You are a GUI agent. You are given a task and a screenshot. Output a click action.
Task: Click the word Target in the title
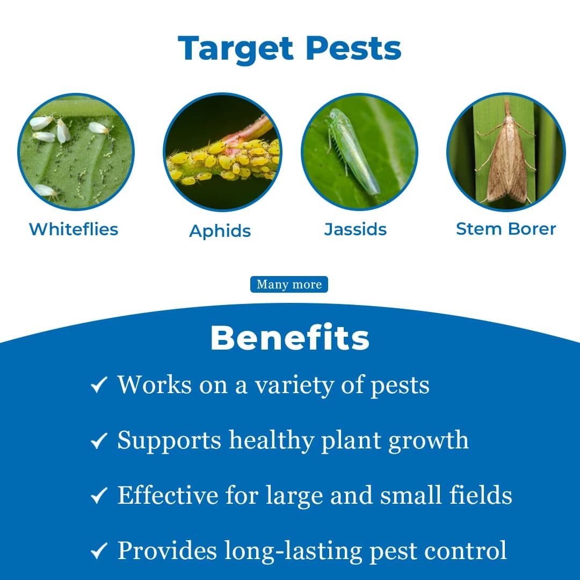click(x=236, y=48)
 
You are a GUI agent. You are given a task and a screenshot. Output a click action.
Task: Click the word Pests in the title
click(x=354, y=48)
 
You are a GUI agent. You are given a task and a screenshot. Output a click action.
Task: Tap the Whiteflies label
click(x=74, y=229)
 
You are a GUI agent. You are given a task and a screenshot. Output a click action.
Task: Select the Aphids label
click(x=220, y=231)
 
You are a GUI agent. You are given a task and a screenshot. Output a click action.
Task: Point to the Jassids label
click(x=356, y=229)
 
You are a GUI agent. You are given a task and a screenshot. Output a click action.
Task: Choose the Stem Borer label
click(x=506, y=229)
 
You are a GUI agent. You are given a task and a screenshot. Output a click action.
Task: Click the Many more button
click(x=289, y=285)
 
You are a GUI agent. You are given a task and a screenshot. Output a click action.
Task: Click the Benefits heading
click(x=290, y=338)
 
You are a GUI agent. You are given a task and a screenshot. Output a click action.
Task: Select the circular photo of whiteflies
click(x=76, y=152)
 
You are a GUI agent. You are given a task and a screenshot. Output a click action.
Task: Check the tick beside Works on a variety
click(x=99, y=385)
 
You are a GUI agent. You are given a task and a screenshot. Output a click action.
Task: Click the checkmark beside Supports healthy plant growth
click(x=99, y=441)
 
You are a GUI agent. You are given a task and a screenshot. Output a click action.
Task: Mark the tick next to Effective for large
click(x=99, y=496)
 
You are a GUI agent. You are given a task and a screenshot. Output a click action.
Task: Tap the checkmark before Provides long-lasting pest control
click(x=99, y=550)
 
